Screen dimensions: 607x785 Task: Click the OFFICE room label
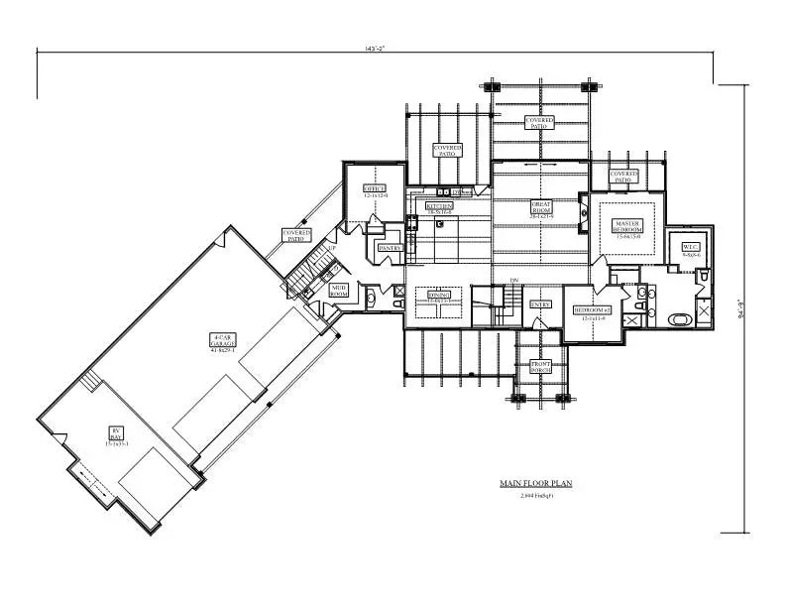tap(374, 187)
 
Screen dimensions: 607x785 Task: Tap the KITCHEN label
tap(439, 207)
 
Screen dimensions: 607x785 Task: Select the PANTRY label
tap(388, 248)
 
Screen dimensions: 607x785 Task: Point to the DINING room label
tap(439, 295)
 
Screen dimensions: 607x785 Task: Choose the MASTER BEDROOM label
tap(627, 226)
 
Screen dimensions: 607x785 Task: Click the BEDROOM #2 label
tap(593, 310)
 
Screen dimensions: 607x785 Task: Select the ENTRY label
tap(540, 304)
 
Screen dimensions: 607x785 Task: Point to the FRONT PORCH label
tap(539, 366)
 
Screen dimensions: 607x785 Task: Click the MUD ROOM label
tap(339, 291)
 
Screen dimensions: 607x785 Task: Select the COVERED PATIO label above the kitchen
tap(448, 151)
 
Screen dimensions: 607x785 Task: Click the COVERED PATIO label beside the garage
tap(296, 235)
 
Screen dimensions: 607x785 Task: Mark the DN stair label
tap(514, 281)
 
